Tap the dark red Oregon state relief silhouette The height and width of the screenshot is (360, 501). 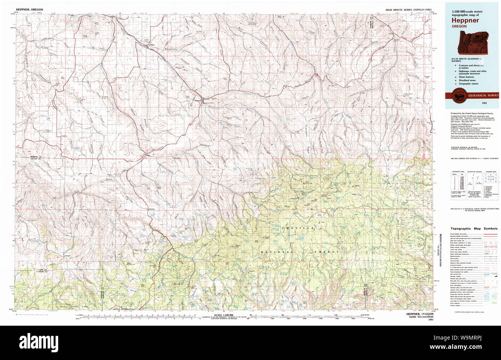(472, 42)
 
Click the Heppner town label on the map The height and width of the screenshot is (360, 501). (198, 101)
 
